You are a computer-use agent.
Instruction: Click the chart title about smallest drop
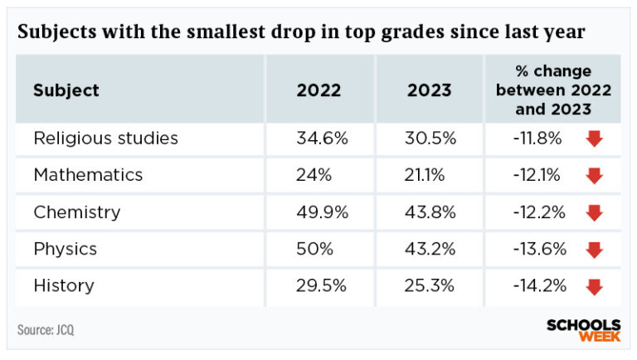pyautogui.click(x=301, y=32)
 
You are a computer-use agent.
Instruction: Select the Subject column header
pyautogui.click(x=66, y=90)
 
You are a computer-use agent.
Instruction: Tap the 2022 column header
pyautogui.click(x=318, y=90)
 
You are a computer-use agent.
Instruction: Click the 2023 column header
pyautogui.click(x=430, y=90)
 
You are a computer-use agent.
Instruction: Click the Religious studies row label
pyautogui.click(x=105, y=139)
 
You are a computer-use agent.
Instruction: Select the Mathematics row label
pyautogui.click(x=88, y=175)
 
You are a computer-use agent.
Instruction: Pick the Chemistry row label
pyautogui.click(x=76, y=212)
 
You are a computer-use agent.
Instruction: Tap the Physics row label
pyautogui.click(x=65, y=249)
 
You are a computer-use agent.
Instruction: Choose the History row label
pyautogui.click(x=63, y=286)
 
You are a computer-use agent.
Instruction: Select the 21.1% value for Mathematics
pyautogui.click(x=426, y=175)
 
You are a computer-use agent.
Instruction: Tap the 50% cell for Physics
pyautogui.click(x=314, y=249)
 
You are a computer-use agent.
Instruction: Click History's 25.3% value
pyautogui.click(x=430, y=286)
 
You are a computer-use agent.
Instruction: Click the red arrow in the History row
pyautogui.click(x=594, y=287)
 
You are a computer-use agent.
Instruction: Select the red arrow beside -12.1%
pyautogui.click(x=594, y=176)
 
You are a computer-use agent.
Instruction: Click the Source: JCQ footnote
pyautogui.click(x=46, y=330)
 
